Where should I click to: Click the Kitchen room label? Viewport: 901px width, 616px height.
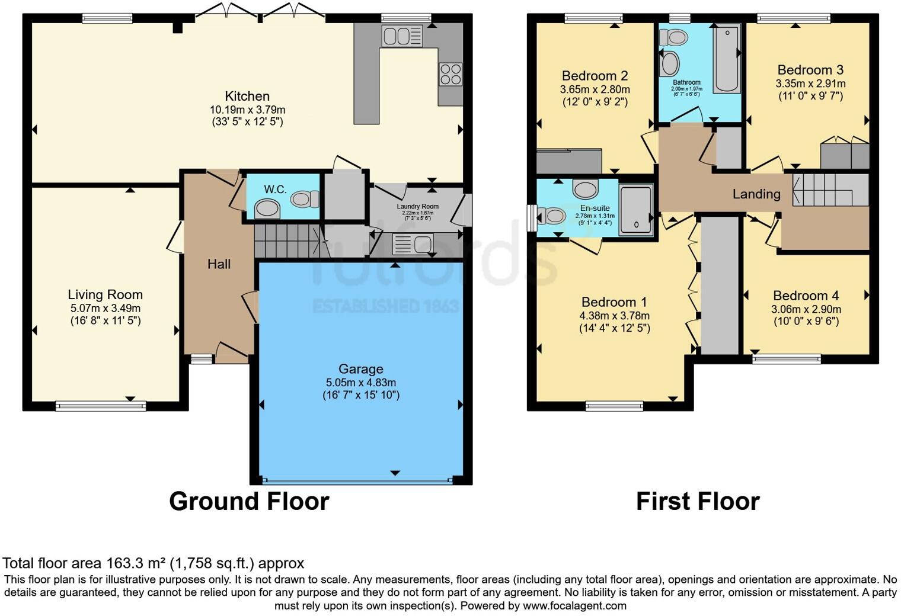pos(247,96)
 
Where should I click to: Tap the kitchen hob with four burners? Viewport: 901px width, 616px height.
pos(450,74)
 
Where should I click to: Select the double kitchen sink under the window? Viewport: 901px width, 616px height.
pos(402,36)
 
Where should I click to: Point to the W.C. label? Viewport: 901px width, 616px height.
pos(275,190)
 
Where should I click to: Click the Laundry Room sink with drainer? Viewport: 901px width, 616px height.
pos(413,243)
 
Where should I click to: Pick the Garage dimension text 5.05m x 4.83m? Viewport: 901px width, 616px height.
pos(360,382)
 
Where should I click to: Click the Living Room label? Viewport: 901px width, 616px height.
pos(105,294)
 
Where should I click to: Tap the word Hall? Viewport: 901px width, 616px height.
pos(219,264)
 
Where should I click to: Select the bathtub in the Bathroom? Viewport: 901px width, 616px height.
pos(727,59)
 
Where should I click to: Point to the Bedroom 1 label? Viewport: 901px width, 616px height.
pos(614,302)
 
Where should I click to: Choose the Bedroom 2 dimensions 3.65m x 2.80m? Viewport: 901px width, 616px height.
pos(595,89)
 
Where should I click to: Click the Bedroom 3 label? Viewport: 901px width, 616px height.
pos(810,70)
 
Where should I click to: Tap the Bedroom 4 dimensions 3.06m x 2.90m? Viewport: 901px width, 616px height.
pos(806,309)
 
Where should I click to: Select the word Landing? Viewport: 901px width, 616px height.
pos(756,194)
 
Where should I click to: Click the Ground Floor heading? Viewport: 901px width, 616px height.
pos(249,501)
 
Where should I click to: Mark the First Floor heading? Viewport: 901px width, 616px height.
pos(698,501)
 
